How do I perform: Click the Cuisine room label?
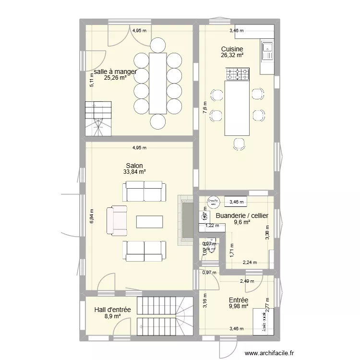click(232, 49)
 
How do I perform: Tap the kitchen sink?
click(266, 49)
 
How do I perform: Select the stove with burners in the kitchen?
click(238, 74)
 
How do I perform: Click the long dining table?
click(158, 83)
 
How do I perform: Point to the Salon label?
click(134, 165)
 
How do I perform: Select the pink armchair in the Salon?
click(117, 221)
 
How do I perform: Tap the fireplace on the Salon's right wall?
click(185, 220)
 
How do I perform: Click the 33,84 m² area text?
click(134, 171)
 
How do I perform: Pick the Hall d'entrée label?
click(112, 310)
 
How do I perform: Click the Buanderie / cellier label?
click(242, 216)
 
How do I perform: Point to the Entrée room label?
click(239, 300)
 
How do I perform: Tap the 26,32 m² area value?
click(232, 55)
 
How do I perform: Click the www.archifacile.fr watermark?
click(269, 354)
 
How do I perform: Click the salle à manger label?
click(115, 72)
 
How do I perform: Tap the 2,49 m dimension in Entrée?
click(248, 281)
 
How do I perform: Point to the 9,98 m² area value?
click(239, 306)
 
